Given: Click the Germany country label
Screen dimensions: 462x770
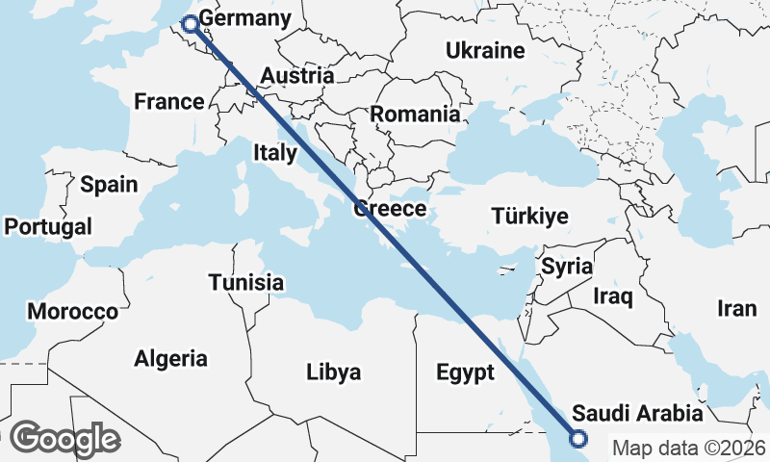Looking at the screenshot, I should coord(244,20).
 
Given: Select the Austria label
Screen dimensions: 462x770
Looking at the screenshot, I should coord(297,76).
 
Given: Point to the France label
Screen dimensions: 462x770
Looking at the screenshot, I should coord(169,101).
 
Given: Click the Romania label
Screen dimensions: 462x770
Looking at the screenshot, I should coord(415,114).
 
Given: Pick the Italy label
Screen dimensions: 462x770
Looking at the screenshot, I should coord(275,152).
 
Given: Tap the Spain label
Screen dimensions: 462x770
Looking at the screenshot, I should coord(109,185).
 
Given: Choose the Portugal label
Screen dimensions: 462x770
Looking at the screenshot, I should coord(48,227).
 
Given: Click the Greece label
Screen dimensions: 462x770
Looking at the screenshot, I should coord(390,209).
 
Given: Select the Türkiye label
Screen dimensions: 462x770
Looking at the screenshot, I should coord(529,217).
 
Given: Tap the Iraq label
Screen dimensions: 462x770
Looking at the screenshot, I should coord(613,295).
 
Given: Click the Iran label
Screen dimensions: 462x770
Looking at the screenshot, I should coord(737,308).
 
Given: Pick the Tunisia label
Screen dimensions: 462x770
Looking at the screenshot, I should coord(246,282).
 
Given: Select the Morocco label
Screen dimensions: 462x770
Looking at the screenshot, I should coord(72,312).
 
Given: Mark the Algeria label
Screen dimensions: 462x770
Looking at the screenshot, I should coord(170,359).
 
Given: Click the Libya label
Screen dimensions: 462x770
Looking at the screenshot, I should coord(333,372).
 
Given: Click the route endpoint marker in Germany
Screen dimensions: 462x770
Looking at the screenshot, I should coord(190,23).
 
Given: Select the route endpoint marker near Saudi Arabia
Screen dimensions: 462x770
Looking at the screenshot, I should coord(578,439).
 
